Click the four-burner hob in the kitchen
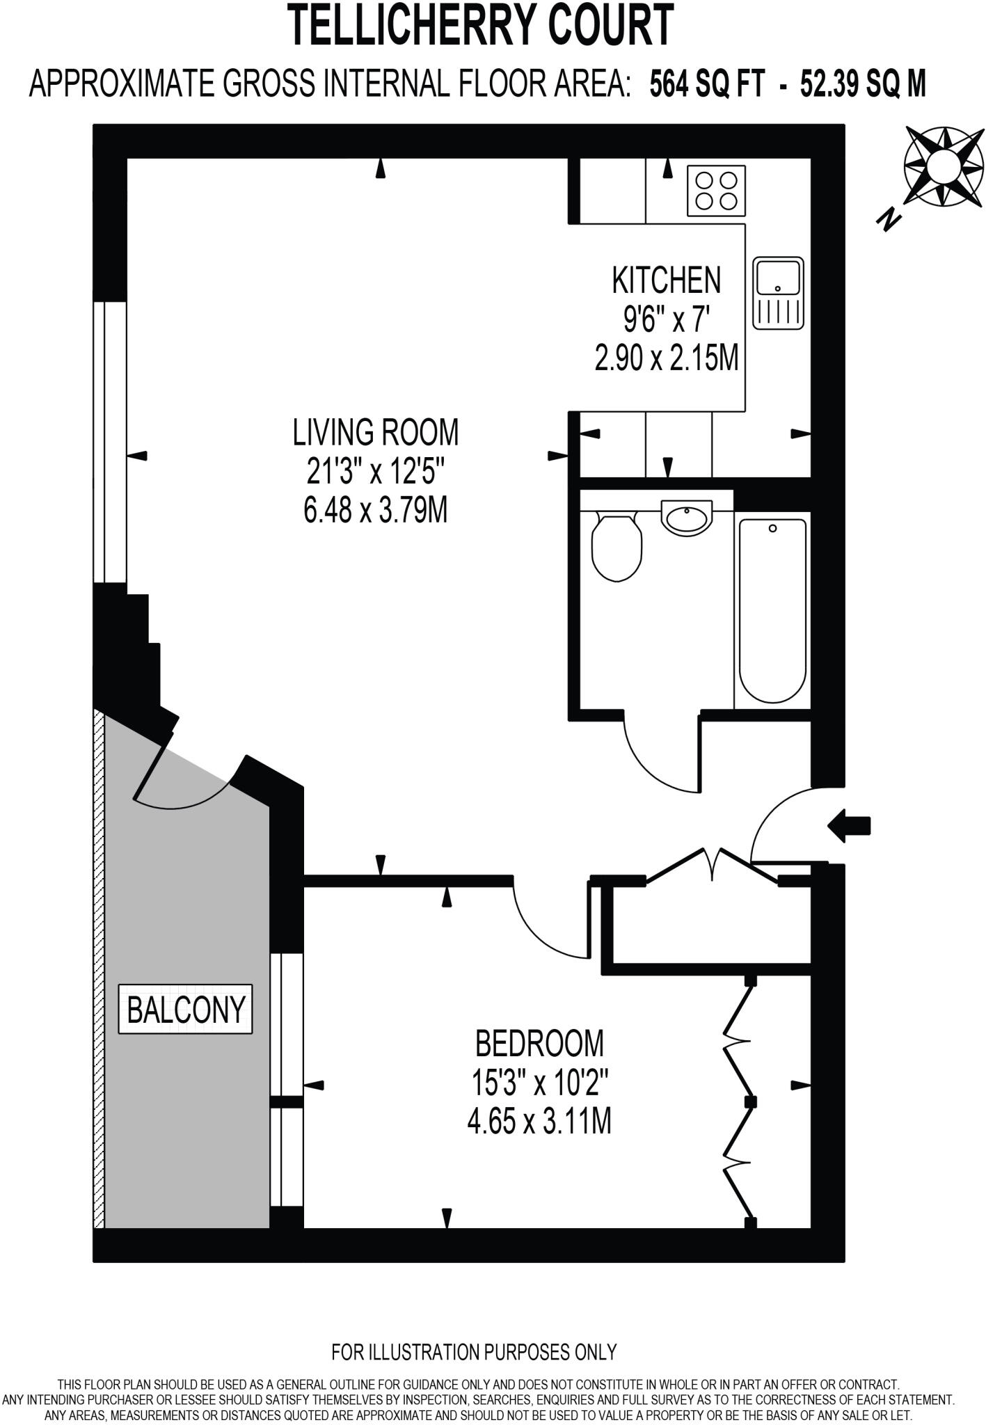click(717, 191)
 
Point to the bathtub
click(772, 611)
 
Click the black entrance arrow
click(849, 826)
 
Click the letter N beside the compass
click(887, 220)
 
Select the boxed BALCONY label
click(186, 1009)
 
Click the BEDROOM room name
click(539, 1043)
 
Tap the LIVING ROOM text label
click(376, 432)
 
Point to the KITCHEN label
click(666, 280)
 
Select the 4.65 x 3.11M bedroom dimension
click(539, 1122)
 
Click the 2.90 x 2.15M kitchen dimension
click(666, 360)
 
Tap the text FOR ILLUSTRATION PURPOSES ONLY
click(475, 1351)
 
